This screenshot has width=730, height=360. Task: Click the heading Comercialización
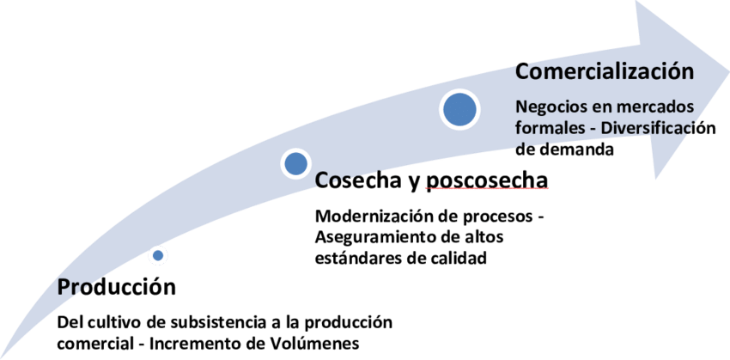click(x=603, y=70)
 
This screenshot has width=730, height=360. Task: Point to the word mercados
click(x=654, y=109)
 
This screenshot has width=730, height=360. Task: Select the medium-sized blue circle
click(x=295, y=162)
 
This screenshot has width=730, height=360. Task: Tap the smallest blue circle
click(x=157, y=255)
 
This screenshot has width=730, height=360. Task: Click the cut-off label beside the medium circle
click(x=344, y=180)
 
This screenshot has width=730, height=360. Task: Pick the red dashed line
click(x=486, y=186)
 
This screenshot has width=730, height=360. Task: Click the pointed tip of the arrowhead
click(x=726, y=70)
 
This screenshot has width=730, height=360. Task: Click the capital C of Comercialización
click(x=521, y=70)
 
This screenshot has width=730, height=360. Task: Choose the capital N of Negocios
click(x=520, y=108)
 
